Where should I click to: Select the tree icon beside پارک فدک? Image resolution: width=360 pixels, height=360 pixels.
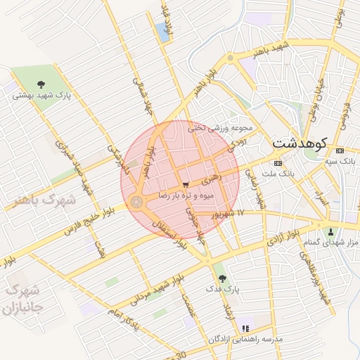point(223,278)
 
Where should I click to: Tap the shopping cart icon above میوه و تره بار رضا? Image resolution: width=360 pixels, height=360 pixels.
point(185,185)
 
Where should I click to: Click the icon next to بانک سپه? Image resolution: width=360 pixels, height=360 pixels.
point(340,150)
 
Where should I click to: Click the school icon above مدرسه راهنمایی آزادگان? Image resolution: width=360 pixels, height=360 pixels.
point(245,328)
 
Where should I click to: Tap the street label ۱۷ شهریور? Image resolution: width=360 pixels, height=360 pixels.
point(230,212)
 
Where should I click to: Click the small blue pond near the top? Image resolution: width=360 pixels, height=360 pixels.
point(165,32)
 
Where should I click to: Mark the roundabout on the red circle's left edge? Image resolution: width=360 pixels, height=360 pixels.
point(136,202)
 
